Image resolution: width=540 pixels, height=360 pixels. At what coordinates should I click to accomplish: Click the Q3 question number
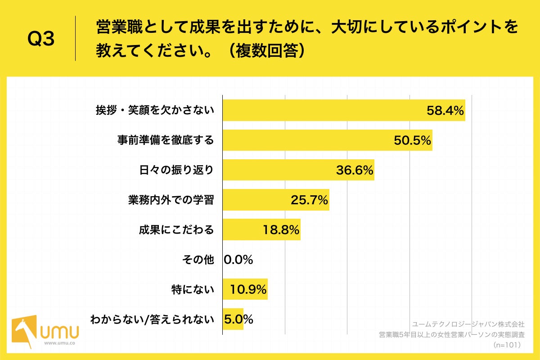41,39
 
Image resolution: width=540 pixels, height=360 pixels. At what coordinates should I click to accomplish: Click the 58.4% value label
445,111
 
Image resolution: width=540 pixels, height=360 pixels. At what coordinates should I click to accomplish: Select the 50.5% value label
413,140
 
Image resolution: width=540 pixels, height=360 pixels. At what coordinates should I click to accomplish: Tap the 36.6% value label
355,171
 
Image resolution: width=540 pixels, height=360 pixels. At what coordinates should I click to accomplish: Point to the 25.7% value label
309,200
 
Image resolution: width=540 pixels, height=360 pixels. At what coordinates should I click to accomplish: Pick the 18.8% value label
281,230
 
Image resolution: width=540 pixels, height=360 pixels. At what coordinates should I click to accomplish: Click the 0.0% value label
238,260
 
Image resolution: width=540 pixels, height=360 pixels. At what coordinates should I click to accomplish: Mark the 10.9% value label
248,289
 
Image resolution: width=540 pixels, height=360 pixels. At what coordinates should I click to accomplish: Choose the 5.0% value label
238,319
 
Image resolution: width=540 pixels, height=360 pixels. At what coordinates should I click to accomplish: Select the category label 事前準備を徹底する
165,140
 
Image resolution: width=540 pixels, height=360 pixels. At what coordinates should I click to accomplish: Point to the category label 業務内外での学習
171,200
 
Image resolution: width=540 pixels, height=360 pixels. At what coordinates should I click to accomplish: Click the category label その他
198,260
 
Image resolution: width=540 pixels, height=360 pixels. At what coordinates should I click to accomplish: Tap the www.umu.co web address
59,343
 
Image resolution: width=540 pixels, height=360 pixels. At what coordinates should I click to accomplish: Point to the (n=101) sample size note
507,345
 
